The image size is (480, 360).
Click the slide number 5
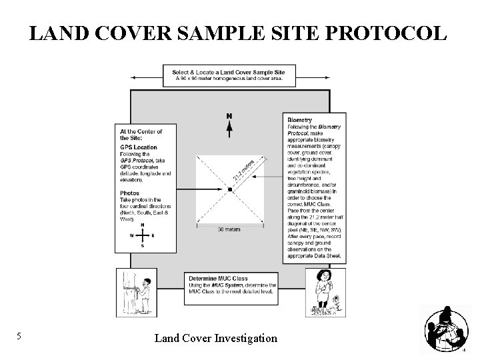click(19, 337)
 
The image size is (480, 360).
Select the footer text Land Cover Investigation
click(215, 338)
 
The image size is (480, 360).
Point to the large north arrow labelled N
click(229, 125)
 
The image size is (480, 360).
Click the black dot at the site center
click(229, 190)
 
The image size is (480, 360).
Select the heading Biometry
click(299, 120)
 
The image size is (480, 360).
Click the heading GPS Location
click(138, 147)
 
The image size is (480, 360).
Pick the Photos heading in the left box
click(129, 193)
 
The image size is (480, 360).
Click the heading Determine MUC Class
click(218, 278)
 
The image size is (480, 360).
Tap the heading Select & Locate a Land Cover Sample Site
click(229, 71)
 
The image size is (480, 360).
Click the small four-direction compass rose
click(142, 235)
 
